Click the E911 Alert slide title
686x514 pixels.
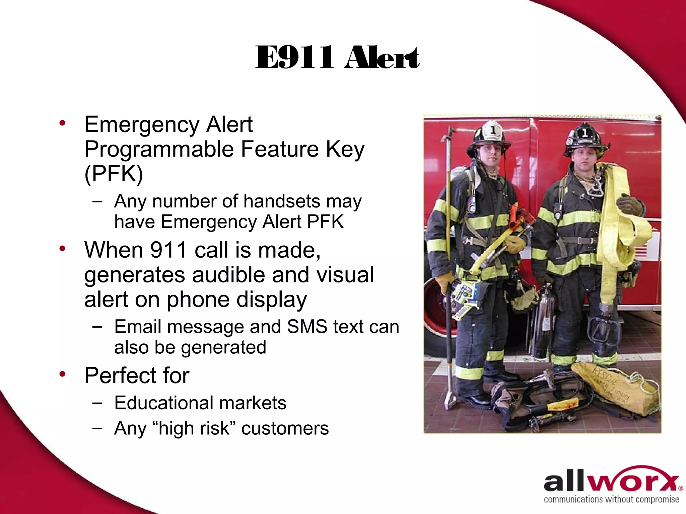tap(337, 58)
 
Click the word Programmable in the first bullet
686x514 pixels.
tap(159, 149)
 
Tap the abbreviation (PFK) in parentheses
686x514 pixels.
tap(114, 174)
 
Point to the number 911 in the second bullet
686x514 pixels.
tap(168, 250)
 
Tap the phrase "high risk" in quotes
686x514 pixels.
tap(194, 428)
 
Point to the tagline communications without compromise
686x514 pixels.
tap(612, 500)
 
